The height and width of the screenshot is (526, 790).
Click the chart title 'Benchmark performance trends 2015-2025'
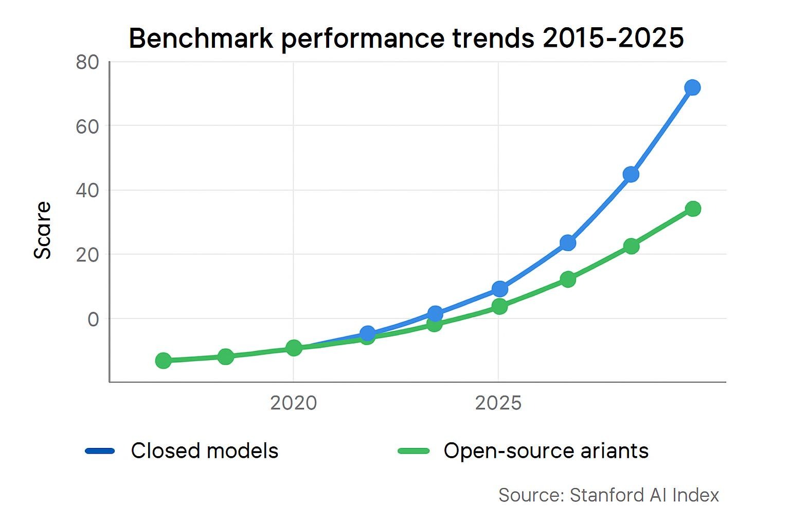pos(406,38)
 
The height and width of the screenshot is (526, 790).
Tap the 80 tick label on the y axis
pos(87,63)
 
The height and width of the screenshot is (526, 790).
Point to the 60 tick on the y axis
pos(87,126)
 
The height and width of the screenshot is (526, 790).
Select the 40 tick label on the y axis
pos(87,191)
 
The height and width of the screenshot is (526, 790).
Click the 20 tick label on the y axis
pos(87,255)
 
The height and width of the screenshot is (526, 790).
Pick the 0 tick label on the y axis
pos(93,320)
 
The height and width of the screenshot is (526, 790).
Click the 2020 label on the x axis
pos(293,403)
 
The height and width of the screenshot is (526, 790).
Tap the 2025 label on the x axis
pos(498,403)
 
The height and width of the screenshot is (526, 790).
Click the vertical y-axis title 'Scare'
pos(43,230)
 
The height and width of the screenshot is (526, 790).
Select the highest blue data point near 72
pos(692,88)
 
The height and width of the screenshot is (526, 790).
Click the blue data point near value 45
pos(631,175)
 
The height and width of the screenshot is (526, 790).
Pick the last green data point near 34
pos(693,209)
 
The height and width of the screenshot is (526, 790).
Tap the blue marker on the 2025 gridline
pos(499,289)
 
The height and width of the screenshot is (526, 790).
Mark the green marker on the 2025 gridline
pos(499,307)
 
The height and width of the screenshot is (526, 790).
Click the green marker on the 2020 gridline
pos(294,348)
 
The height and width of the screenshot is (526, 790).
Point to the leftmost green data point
pos(163,361)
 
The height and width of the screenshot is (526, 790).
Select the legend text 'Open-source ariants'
pos(546,451)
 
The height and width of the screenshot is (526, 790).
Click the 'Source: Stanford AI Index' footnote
pos(608,495)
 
